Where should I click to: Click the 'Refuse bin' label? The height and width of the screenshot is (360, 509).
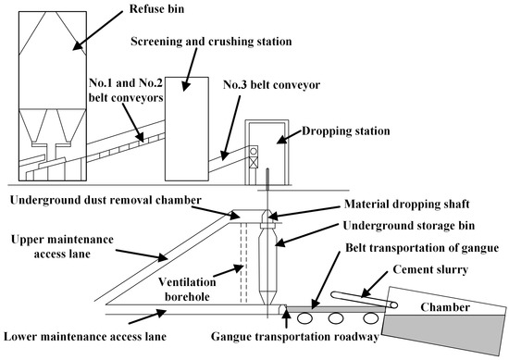[x=156, y=8]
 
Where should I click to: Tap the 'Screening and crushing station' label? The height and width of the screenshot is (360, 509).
[x=211, y=42]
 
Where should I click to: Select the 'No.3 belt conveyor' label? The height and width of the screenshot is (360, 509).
[x=272, y=85]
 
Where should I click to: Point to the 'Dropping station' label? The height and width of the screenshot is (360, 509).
[x=346, y=131]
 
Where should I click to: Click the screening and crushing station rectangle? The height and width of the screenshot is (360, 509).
[x=187, y=129]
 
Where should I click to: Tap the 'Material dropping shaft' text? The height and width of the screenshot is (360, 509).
[x=407, y=204]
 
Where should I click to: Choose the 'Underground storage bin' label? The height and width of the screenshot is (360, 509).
[x=409, y=226]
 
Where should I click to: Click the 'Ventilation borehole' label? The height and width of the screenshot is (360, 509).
[x=187, y=289]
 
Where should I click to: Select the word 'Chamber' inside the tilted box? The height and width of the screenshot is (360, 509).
[x=445, y=307]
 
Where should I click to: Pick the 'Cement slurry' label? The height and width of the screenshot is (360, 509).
[x=430, y=269]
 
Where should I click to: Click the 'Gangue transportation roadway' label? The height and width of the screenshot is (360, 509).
[x=294, y=337]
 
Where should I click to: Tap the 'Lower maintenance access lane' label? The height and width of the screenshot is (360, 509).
[x=85, y=337]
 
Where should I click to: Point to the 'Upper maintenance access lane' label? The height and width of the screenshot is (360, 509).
[x=62, y=246]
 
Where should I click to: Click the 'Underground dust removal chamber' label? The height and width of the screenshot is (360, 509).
[x=106, y=200]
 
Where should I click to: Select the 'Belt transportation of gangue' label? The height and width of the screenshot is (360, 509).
[x=422, y=248]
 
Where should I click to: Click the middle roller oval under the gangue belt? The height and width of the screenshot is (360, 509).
[x=336, y=318]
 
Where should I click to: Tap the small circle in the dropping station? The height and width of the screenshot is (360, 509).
[x=254, y=151]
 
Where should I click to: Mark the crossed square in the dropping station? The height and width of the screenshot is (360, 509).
[x=254, y=162]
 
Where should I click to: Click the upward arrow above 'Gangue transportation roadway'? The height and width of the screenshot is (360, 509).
[x=286, y=319]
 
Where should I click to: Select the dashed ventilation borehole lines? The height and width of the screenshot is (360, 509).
[x=243, y=262]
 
